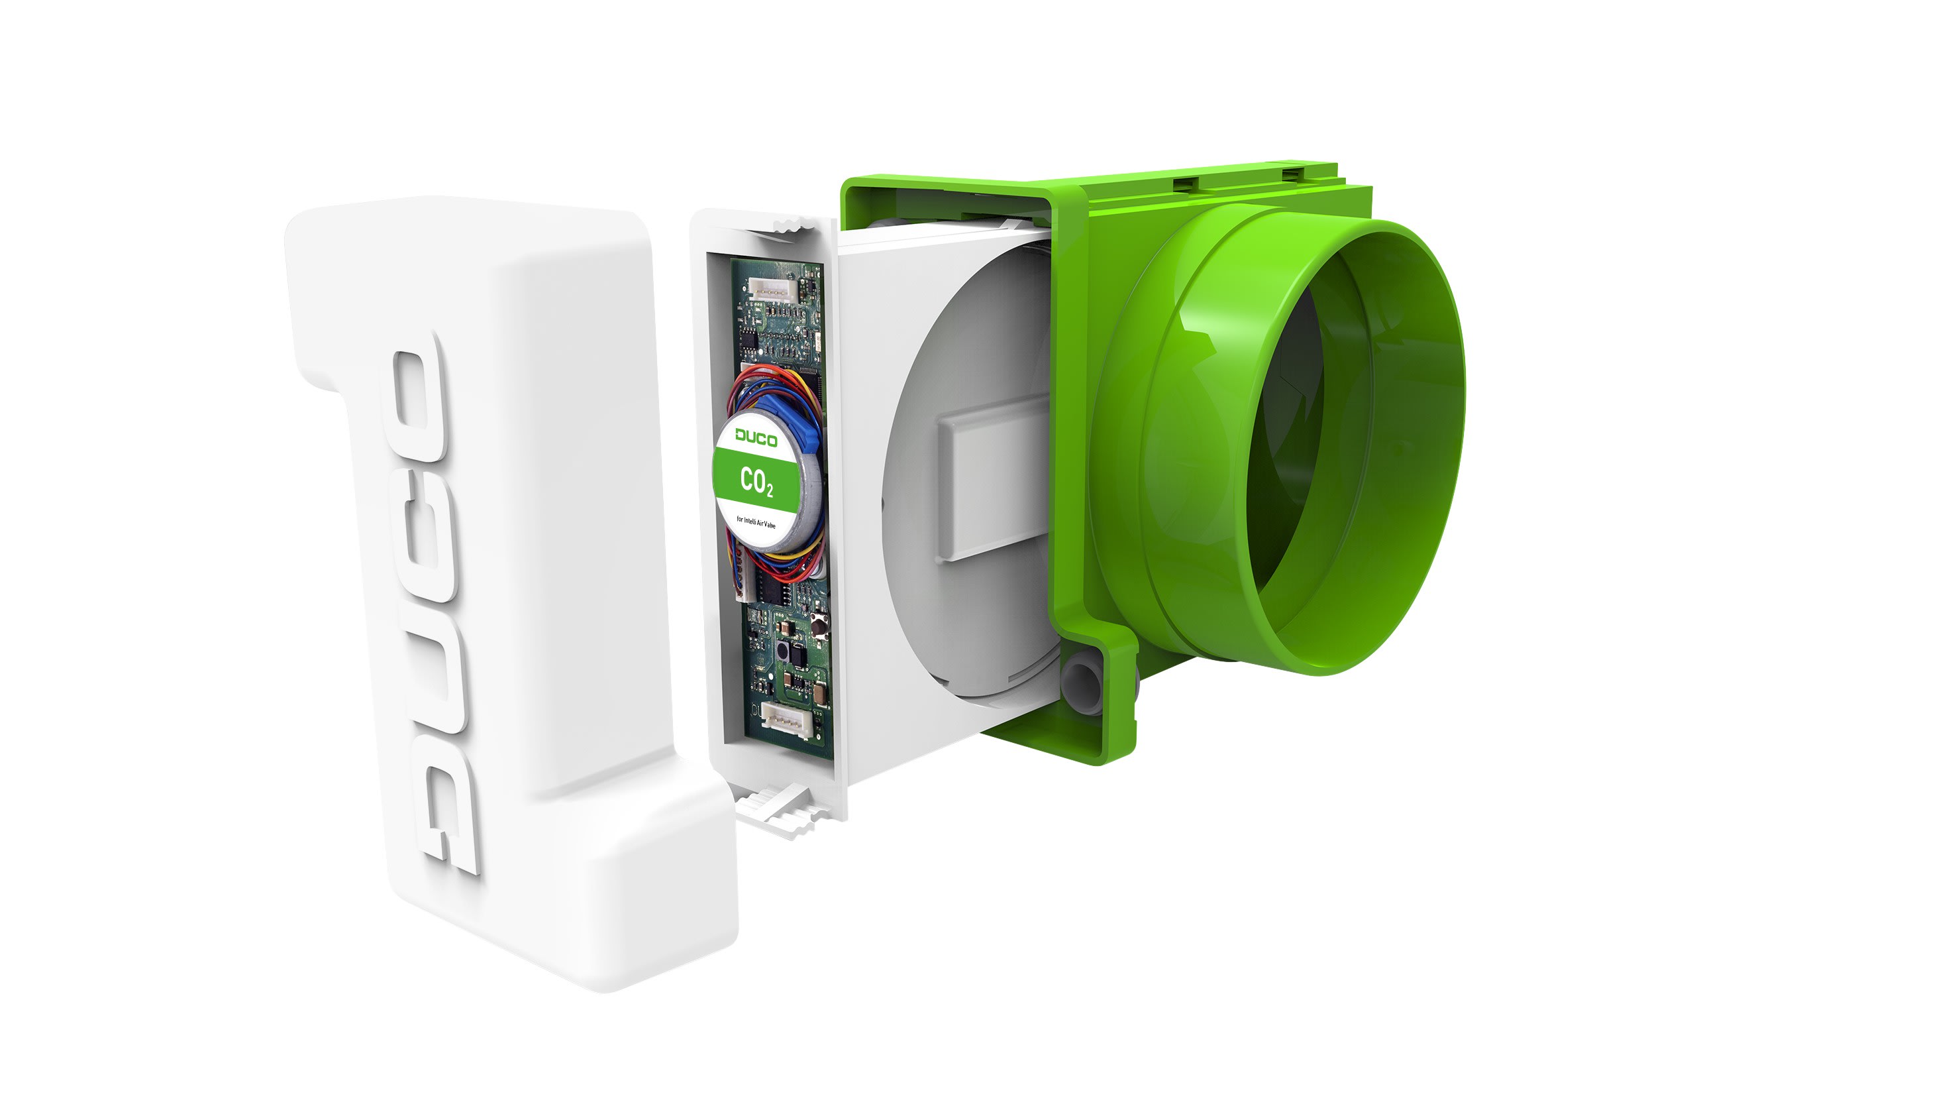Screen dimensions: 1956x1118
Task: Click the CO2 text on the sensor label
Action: (756, 481)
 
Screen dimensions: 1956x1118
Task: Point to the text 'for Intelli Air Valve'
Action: (756, 522)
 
